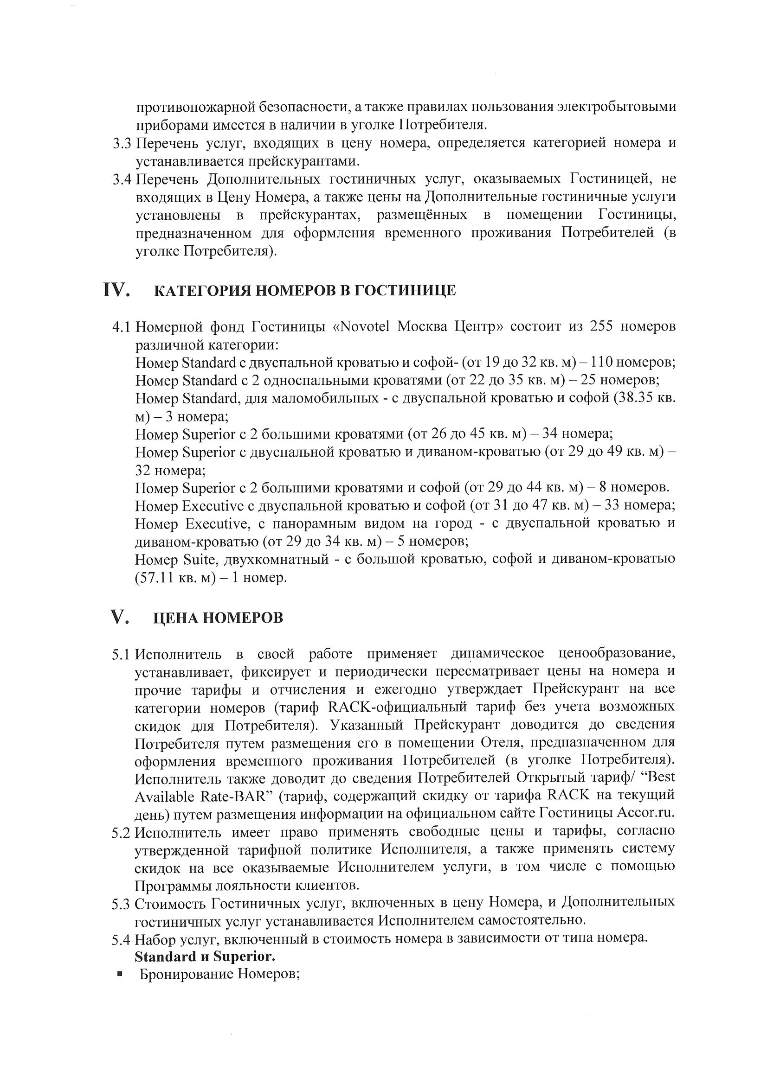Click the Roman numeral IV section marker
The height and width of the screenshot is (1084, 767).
click(116, 289)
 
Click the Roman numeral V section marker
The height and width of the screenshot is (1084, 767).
click(120, 617)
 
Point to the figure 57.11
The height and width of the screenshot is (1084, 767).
click(155, 577)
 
